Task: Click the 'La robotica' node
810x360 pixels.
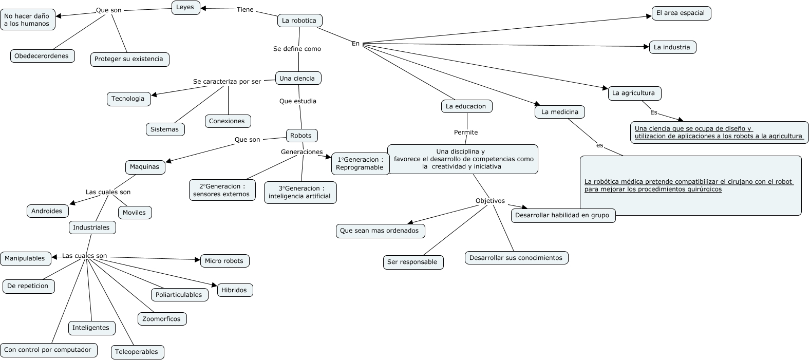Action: (x=299, y=21)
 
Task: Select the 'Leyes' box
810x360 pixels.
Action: (x=185, y=8)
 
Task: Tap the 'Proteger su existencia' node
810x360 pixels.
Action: (x=129, y=59)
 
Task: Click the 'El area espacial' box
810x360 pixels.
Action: (x=681, y=13)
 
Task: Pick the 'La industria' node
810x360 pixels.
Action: (x=672, y=47)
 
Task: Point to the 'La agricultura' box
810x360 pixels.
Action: (x=634, y=93)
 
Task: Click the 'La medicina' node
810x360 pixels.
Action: (x=560, y=112)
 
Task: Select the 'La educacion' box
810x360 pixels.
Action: (x=466, y=106)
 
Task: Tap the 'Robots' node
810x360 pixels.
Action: (x=302, y=136)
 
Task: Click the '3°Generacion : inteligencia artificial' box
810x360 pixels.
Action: (x=300, y=193)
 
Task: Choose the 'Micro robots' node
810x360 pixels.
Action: (x=224, y=261)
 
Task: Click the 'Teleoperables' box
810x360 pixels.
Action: (x=137, y=352)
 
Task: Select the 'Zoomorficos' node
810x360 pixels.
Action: (x=162, y=319)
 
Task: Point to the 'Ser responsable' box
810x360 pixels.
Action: (x=412, y=262)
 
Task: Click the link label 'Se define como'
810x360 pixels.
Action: (x=297, y=49)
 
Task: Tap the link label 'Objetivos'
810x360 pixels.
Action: (x=490, y=201)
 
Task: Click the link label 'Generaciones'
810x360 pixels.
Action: (x=302, y=152)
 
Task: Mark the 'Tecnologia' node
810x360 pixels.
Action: (x=128, y=99)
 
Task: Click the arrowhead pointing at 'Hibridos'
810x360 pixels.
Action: (x=215, y=285)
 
